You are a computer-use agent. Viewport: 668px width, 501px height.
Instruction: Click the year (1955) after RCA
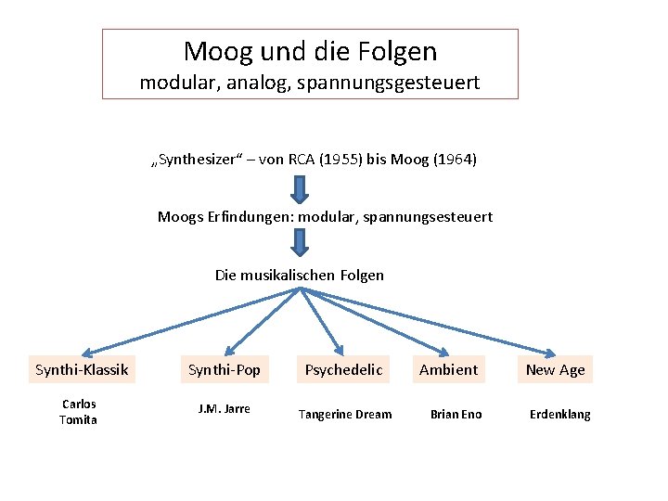coord(340,160)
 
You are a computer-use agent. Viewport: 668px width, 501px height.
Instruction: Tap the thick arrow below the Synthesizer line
coord(300,188)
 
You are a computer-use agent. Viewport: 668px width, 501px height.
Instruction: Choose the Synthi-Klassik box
coord(82,370)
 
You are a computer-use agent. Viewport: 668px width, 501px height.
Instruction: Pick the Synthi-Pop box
coord(225,370)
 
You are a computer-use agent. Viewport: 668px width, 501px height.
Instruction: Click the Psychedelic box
coord(343,370)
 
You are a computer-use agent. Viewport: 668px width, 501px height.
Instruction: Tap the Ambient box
coord(448,370)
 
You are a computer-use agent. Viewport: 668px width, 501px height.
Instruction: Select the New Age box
coord(555,370)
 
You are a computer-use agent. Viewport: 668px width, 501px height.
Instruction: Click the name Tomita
coord(78,420)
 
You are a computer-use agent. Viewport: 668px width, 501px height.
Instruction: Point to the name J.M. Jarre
coord(225,409)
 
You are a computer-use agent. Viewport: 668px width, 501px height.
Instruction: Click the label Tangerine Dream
coord(345,415)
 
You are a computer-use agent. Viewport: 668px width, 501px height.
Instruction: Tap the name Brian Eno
coord(456,415)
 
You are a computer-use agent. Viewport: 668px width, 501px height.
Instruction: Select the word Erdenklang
coord(559,415)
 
